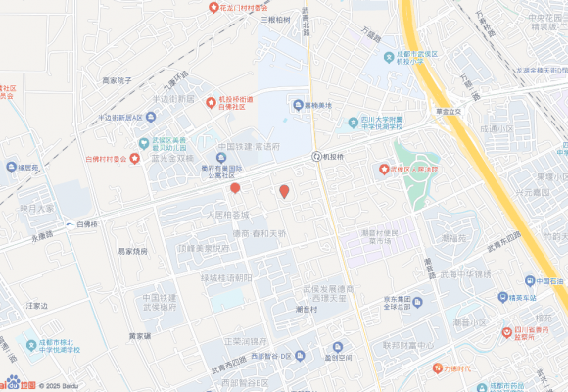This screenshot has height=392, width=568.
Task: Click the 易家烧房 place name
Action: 133,252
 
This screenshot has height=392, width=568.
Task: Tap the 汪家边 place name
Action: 37,306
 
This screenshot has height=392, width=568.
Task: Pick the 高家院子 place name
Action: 123,81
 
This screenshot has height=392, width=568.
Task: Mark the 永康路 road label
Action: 42,236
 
